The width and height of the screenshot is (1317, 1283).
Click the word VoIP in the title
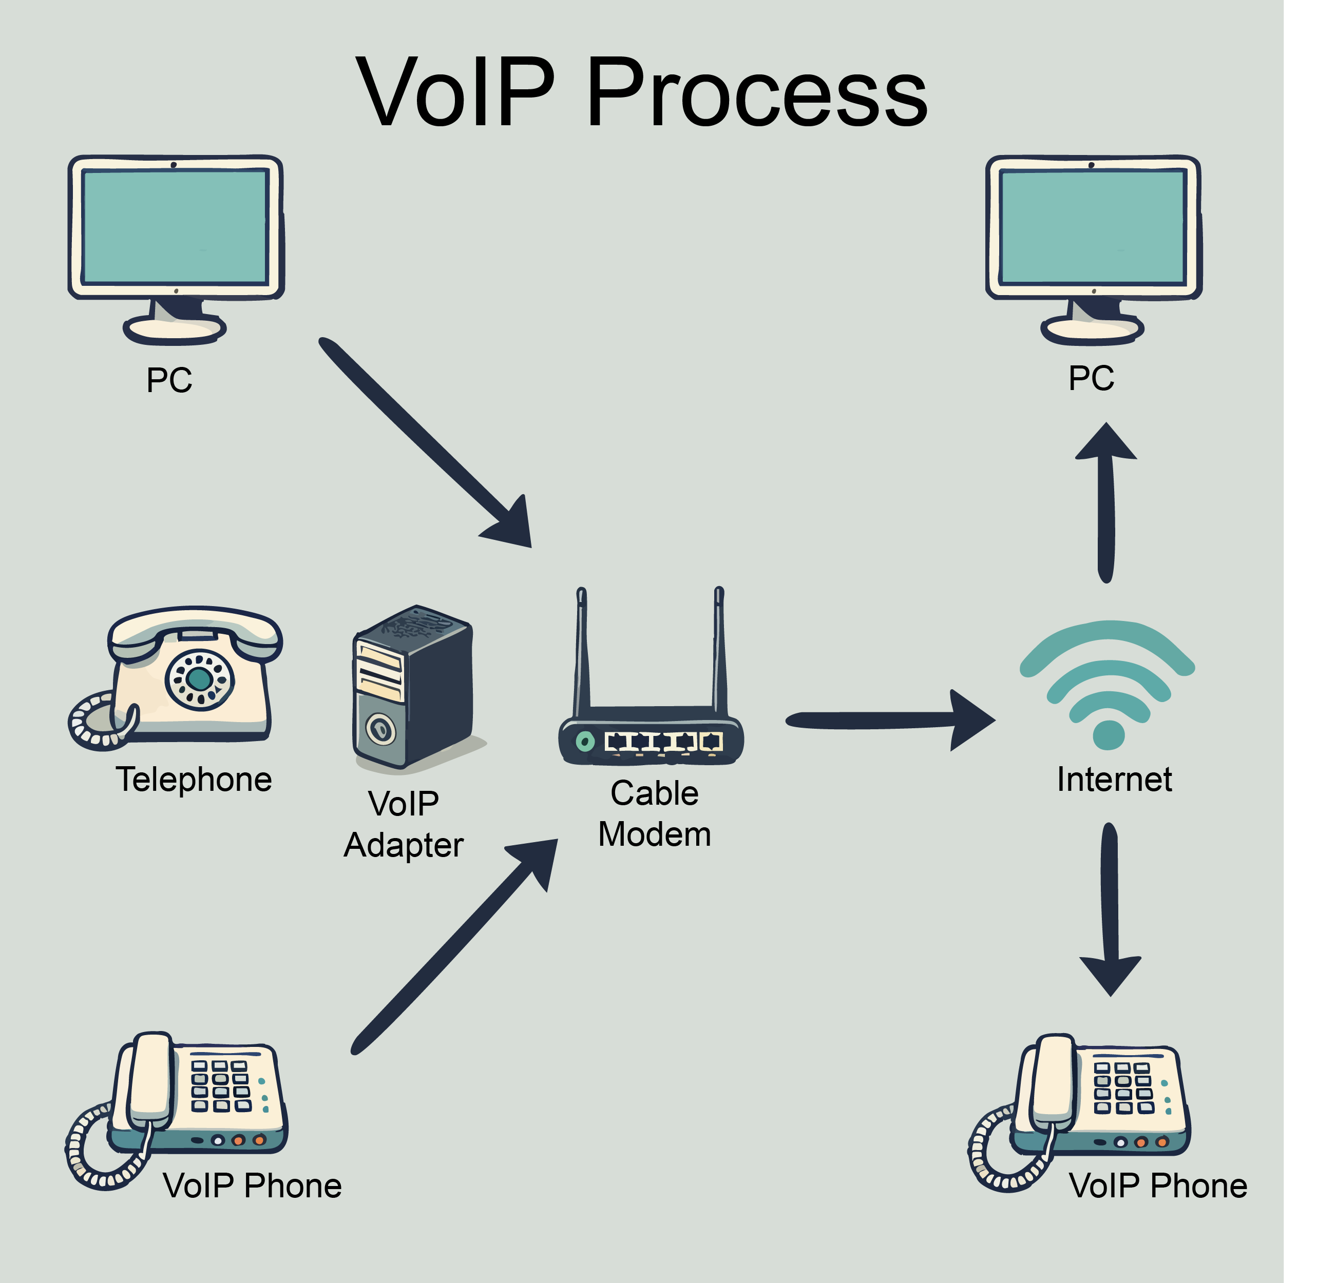pyautogui.click(x=455, y=92)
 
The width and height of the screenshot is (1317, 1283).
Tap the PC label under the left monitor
pyautogui.click(x=169, y=380)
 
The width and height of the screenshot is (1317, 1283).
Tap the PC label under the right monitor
pyautogui.click(x=1091, y=378)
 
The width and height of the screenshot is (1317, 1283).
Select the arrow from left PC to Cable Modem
pyautogui.click(x=425, y=441)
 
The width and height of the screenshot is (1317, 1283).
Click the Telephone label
pyautogui.click(x=194, y=780)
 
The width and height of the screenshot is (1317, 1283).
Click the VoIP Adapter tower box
pyautogui.click(x=412, y=687)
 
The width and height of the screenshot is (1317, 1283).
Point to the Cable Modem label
pyautogui.click(x=655, y=814)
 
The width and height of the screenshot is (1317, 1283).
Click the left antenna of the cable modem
pyautogui.click(x=582, y=647)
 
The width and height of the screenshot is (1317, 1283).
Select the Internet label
pyautogui.click(x=1114, y=780)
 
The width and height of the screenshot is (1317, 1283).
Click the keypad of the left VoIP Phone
pyautogui.click(x=220, y=1085)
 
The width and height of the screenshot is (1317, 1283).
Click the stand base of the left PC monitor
pyautogui.click(x=175, y=329)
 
